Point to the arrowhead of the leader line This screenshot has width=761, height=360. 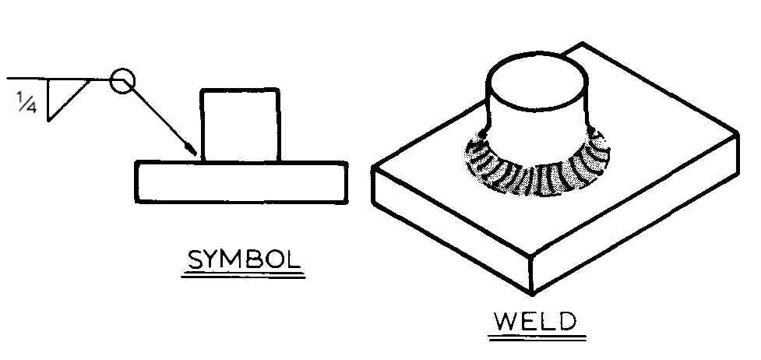[x=192, y=149]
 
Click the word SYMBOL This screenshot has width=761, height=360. [x=244, y=260]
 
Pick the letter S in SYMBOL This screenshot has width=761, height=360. [x=196, y=260]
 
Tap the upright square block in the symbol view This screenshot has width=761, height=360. [x=240, y=125]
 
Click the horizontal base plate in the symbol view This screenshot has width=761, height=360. [x=241, y=182]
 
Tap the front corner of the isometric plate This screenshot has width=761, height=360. [x=532, y=294]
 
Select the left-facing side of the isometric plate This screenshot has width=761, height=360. [x=451, y=228]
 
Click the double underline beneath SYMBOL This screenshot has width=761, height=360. [x=243, y=276]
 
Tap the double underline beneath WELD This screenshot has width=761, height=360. [x=537, y=337]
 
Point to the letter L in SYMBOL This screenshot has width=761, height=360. [x=292, y=260]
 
